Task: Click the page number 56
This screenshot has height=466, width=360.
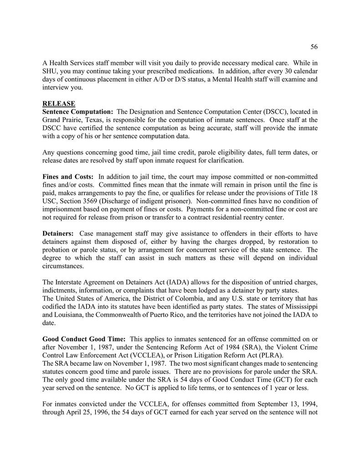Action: (x=314, y=46)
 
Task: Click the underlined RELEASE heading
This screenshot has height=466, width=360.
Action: (x=59, y=103)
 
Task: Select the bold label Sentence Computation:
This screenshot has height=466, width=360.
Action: (x=77, y=112)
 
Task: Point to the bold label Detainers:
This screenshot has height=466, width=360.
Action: (x=59, y=234)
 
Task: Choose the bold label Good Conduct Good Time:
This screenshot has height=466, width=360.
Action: (x=84, y=339)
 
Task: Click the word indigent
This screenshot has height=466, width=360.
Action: (x=180, y=201)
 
